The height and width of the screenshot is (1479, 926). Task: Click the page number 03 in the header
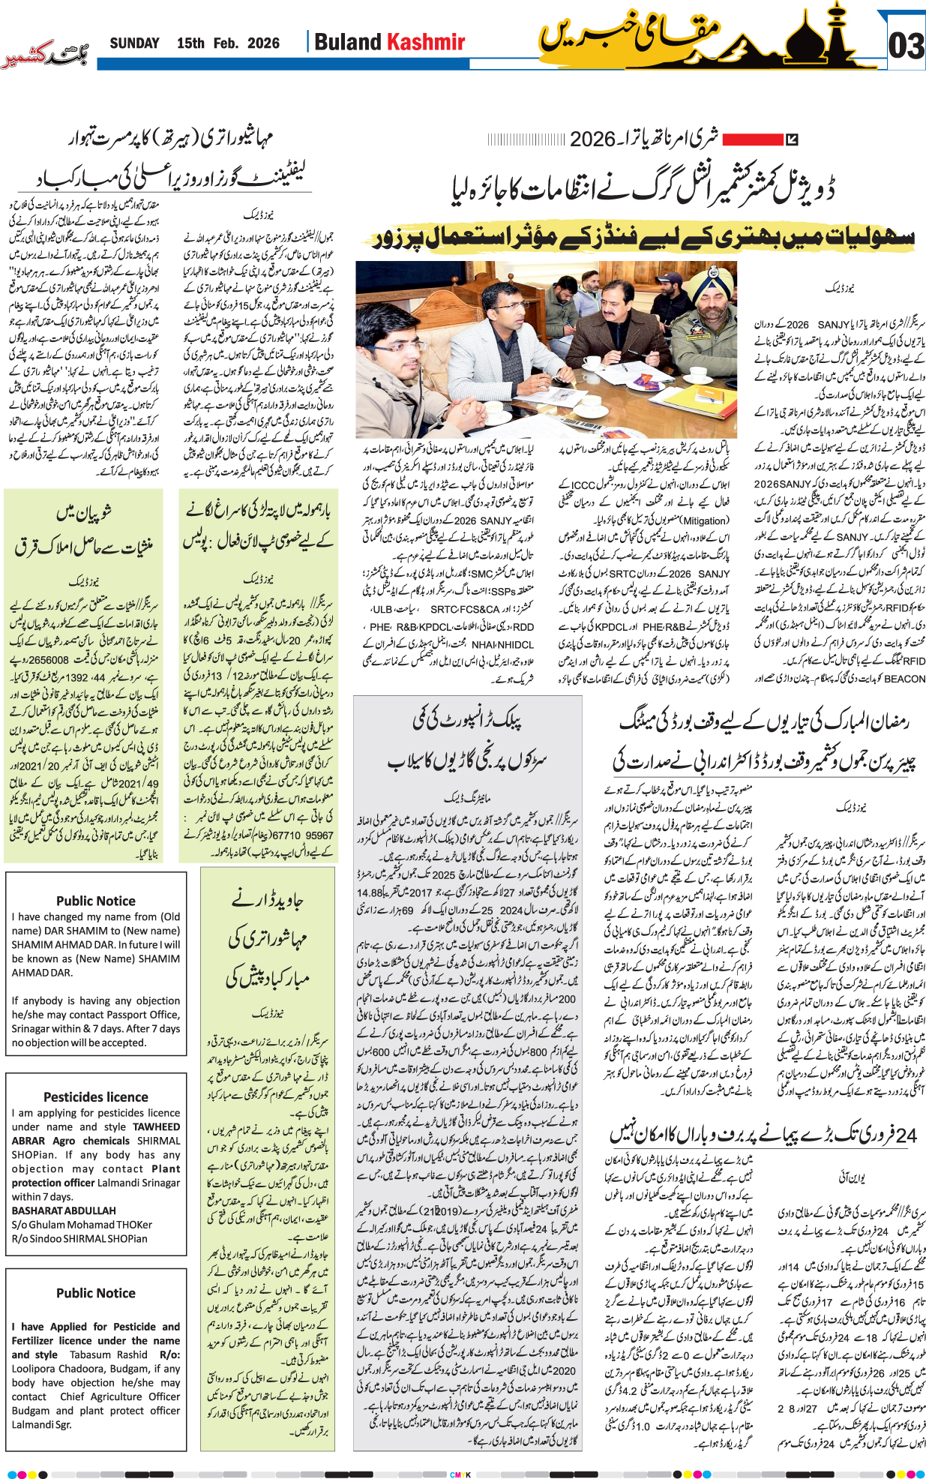point(906,46)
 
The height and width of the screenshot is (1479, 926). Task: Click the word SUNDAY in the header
point(134,43)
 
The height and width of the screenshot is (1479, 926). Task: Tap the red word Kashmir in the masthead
point(426,42)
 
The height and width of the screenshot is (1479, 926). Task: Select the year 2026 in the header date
point(263,43)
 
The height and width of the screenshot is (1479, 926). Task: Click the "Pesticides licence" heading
point(95,1096)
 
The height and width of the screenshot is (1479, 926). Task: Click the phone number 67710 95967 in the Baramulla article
point(302,835)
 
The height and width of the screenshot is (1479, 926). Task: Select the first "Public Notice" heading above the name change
point(95,901)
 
